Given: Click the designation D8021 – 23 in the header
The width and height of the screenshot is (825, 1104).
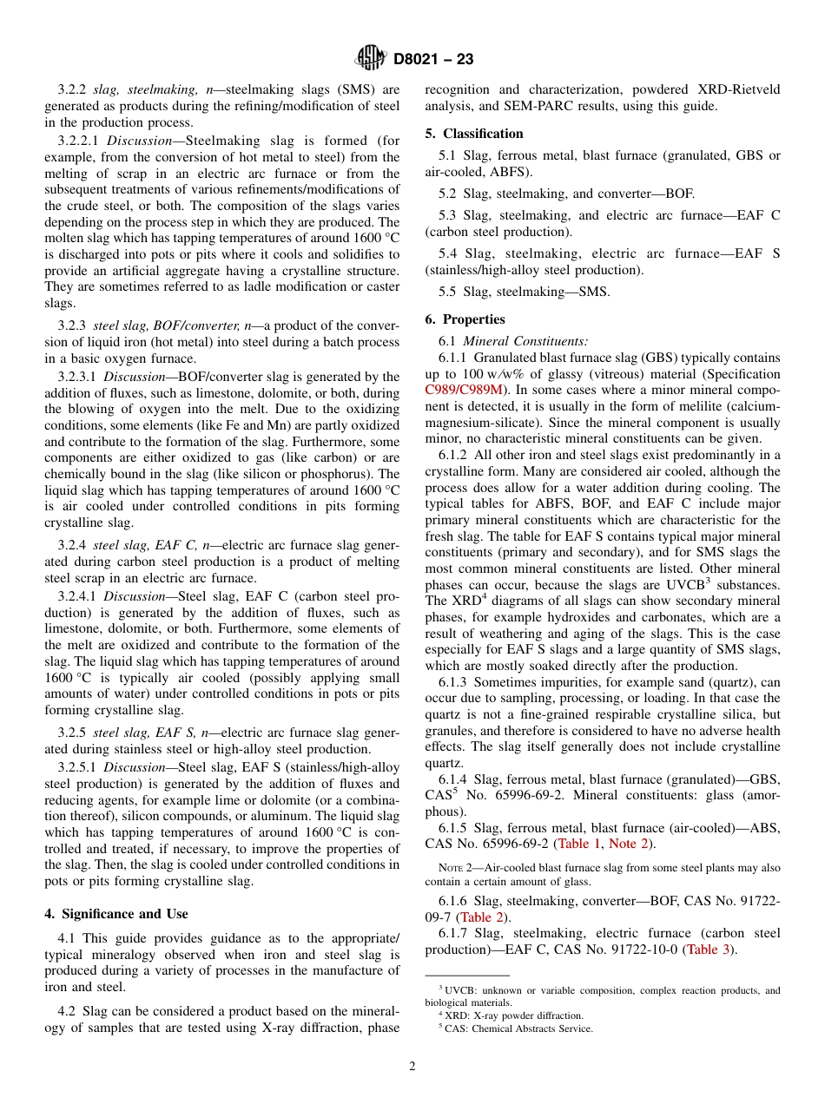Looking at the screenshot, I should pyautogui.click(x=433, y=59).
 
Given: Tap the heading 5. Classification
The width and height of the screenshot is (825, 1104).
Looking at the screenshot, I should pyautogui.click(x=474, y=134).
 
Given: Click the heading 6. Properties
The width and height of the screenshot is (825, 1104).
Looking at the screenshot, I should pyautogui.click(x=465, y=319).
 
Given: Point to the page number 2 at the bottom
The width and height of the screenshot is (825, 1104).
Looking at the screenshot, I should pyautogui.click(x=412, y=1067).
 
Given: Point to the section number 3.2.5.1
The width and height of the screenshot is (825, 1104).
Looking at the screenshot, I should pyautogui.click(x=81, y=767).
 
